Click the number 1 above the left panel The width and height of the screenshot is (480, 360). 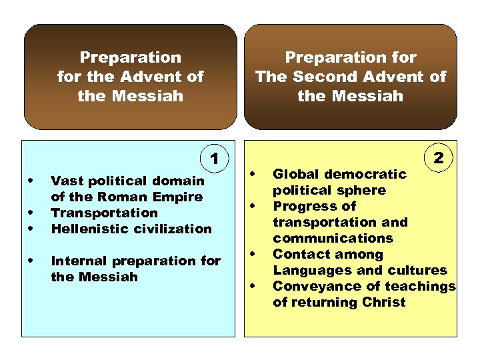pos(215,159)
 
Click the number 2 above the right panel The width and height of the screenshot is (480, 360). pos(439,158)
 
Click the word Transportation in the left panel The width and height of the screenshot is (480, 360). pos(105,213)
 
